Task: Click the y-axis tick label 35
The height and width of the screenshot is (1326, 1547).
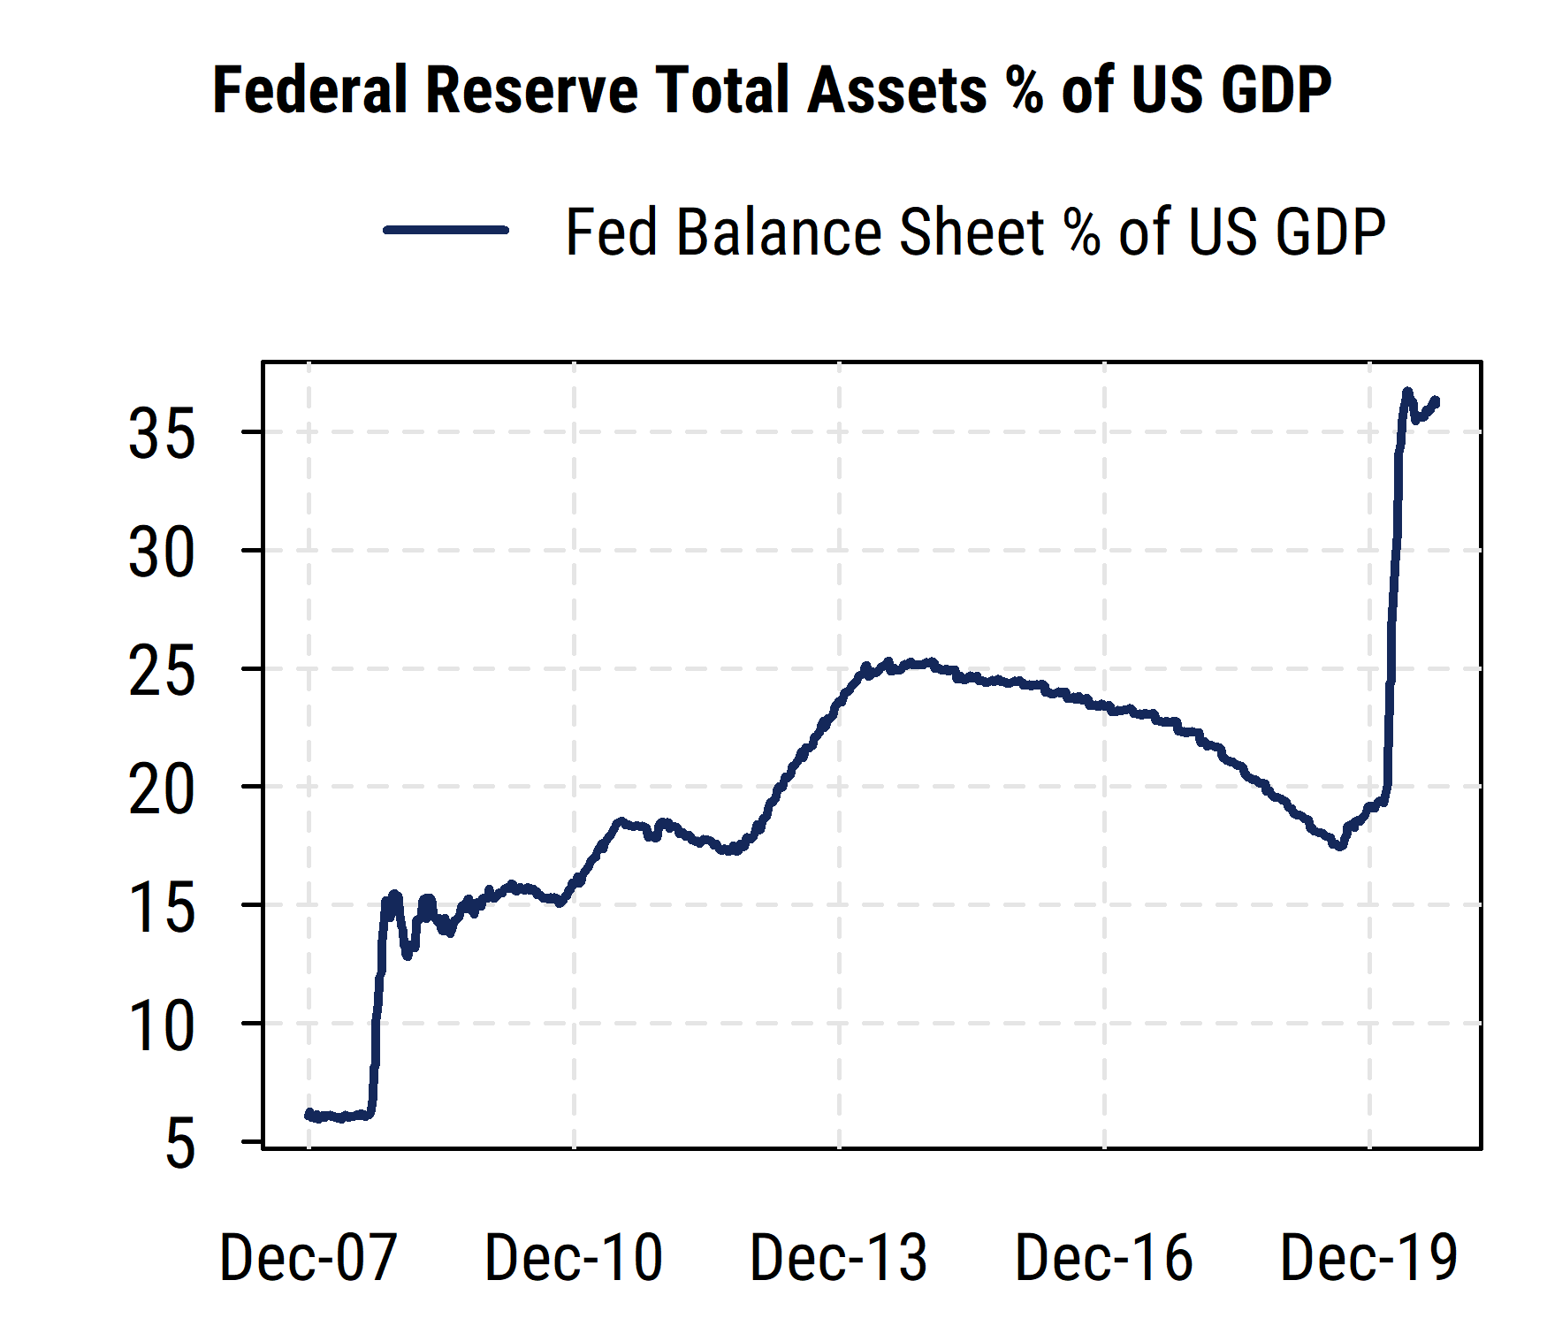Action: [161, 435]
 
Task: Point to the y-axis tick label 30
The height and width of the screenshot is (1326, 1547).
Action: [161, 553]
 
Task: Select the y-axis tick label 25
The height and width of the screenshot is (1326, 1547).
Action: [161, 672]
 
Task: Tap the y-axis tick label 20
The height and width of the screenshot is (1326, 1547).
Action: [161, 790]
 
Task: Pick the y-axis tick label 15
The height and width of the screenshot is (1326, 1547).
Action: [161, 909]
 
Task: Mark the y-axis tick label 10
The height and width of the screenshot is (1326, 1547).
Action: [161, 1027]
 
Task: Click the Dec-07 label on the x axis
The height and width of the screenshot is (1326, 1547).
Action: [308, 1257]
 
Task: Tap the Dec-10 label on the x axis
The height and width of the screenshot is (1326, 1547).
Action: [573, 1257]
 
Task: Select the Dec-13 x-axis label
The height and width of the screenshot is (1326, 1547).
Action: [838, 1257]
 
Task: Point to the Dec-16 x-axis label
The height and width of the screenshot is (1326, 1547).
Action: [1103, 1257]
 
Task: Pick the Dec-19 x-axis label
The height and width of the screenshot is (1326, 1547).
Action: [1368, 1257]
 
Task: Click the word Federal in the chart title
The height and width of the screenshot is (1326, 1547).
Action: [310, 90]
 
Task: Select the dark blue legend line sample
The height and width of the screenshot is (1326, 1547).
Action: [446, 230]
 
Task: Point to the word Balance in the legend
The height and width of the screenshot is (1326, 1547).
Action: [778, 232]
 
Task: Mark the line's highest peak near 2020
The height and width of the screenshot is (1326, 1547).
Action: [1407, 391]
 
